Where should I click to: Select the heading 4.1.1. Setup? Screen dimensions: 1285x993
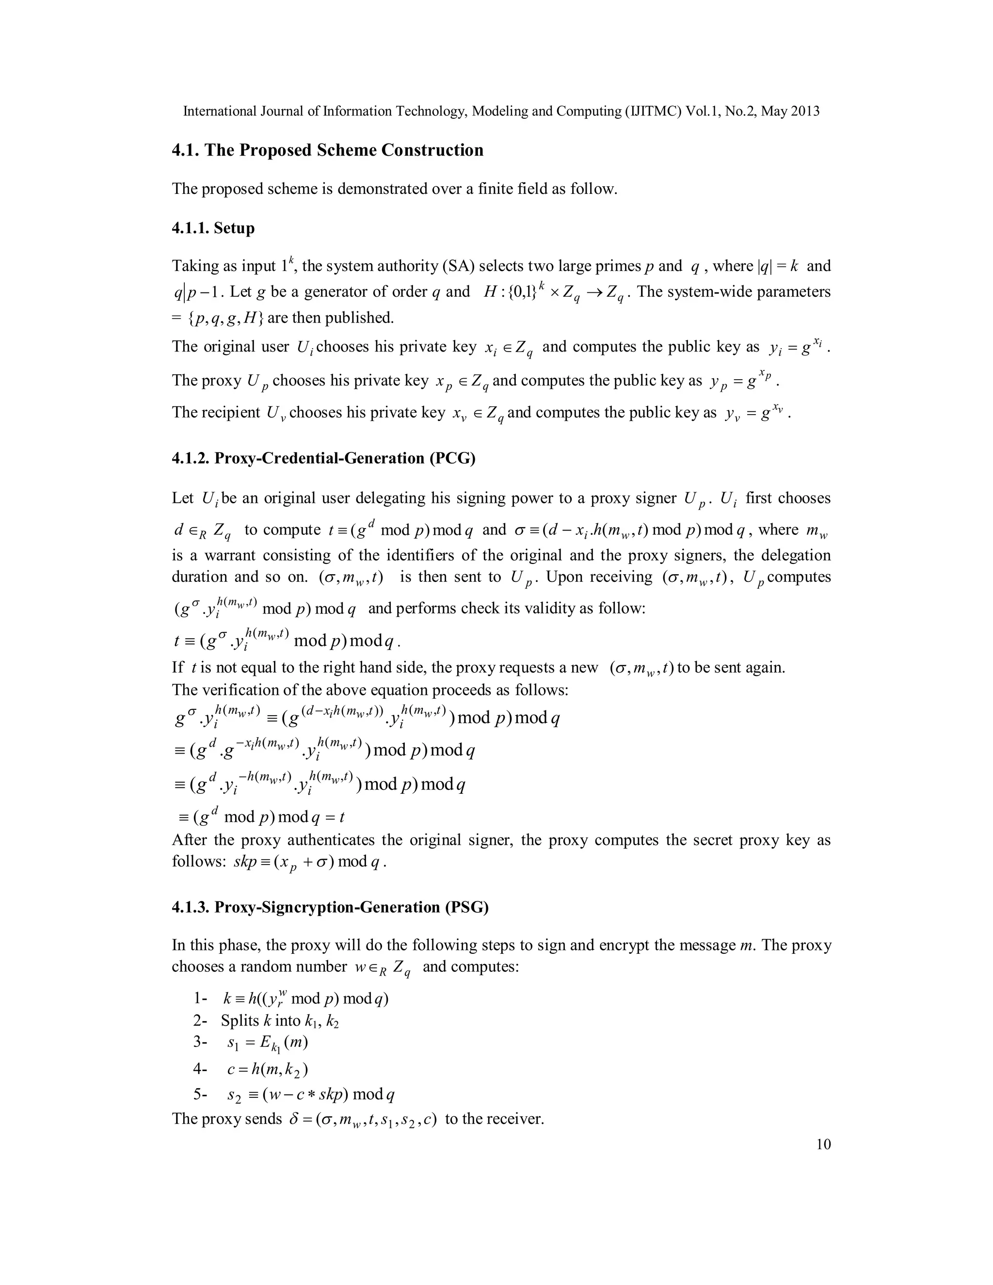(213, 228)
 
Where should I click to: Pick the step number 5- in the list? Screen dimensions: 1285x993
(201, 1094)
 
